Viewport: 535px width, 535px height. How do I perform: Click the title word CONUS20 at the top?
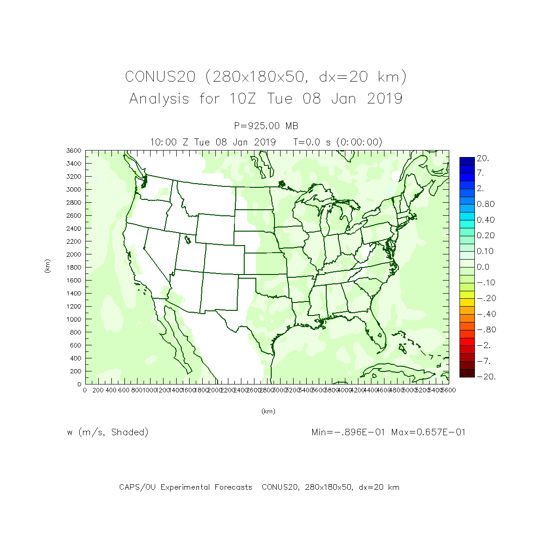(160, 77)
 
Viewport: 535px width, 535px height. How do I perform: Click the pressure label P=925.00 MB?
(266, 126)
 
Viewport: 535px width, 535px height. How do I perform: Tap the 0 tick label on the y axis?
(79, 384)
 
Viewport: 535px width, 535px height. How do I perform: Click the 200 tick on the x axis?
(98, 390)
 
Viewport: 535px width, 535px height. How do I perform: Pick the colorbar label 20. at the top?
(483, 158)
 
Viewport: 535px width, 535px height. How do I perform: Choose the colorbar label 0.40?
(486, 220)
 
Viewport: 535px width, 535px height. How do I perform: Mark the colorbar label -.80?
(486, 330)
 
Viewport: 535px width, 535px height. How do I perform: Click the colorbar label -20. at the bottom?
(486, 377)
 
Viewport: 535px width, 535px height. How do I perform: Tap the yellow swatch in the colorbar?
(467, 295)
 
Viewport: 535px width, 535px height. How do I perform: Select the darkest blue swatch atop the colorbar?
(467, 161)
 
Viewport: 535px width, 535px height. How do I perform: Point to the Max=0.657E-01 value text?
(428, 432)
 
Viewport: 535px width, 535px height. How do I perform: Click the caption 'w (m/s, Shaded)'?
(108, 432)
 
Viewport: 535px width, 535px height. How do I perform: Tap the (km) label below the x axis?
(268, 412)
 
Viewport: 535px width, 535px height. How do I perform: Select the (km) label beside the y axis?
(47, 267)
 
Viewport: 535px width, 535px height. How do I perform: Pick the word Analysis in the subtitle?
(159, 99)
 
